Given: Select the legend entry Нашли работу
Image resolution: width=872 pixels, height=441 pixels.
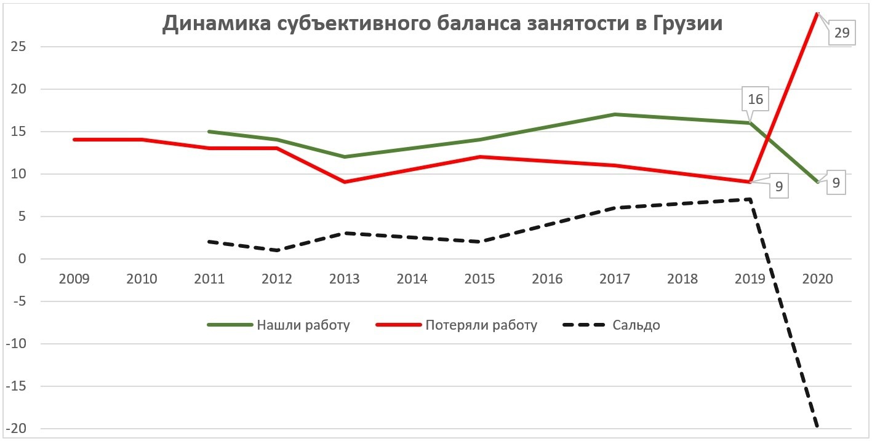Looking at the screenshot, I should coord(303,325).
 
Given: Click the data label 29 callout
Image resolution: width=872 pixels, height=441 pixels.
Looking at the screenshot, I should coord(841,33).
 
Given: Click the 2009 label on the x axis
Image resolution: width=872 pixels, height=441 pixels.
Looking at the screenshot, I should coord(74,279).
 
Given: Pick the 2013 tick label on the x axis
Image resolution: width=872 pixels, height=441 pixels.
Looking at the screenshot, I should coord(345,279).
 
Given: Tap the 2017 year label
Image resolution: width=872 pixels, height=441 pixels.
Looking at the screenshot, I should coord(615,279).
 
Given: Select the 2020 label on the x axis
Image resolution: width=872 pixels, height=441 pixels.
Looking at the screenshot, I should coord(817,279).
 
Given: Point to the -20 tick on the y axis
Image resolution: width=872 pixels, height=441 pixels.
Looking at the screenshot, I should coord(21,429).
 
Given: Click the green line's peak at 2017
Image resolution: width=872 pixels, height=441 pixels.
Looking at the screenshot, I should coord(615,114).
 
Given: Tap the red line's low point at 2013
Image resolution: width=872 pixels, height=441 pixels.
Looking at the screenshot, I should coord(345,182).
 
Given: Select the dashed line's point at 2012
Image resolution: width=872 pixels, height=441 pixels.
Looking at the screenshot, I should coord(277,250).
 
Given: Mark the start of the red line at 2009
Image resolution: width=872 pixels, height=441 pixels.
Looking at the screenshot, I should coord(74,140).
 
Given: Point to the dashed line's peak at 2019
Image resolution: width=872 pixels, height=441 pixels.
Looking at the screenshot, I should coord(750,199).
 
